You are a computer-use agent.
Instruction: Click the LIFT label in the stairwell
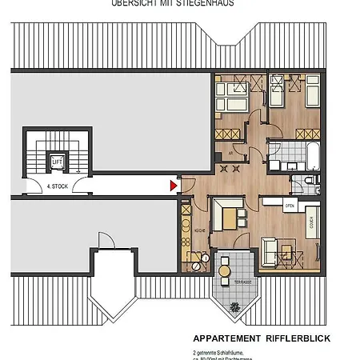coord(57,162)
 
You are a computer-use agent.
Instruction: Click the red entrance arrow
coord(174,186)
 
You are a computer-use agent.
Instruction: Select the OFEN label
coord(290,206)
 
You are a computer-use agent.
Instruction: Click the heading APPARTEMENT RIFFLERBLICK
coord(261,338)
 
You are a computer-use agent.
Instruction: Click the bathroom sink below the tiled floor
coord(275,165)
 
